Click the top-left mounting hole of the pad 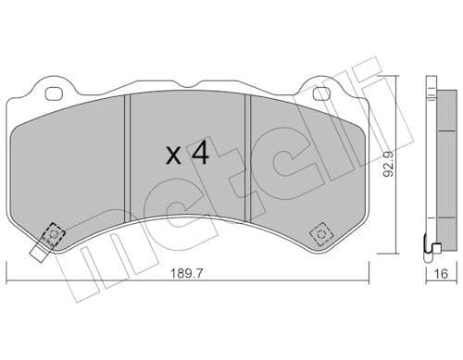click(x=51, y=93)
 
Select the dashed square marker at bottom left click(x=53, y=235)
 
